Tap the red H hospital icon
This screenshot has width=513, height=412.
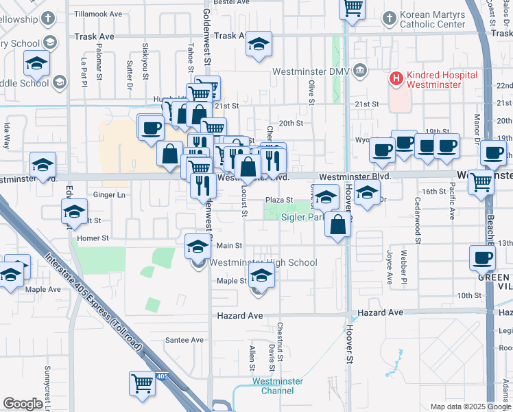(x=395, y=78)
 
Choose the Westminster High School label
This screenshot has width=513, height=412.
(x=263, y=262)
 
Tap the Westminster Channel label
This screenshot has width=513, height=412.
(x=272, y=386)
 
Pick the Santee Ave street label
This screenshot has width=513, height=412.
(x=185, y=340)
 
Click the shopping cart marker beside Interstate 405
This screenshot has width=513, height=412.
(x=142, y=383)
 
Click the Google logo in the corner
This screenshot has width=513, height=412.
(x=23, y=404)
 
